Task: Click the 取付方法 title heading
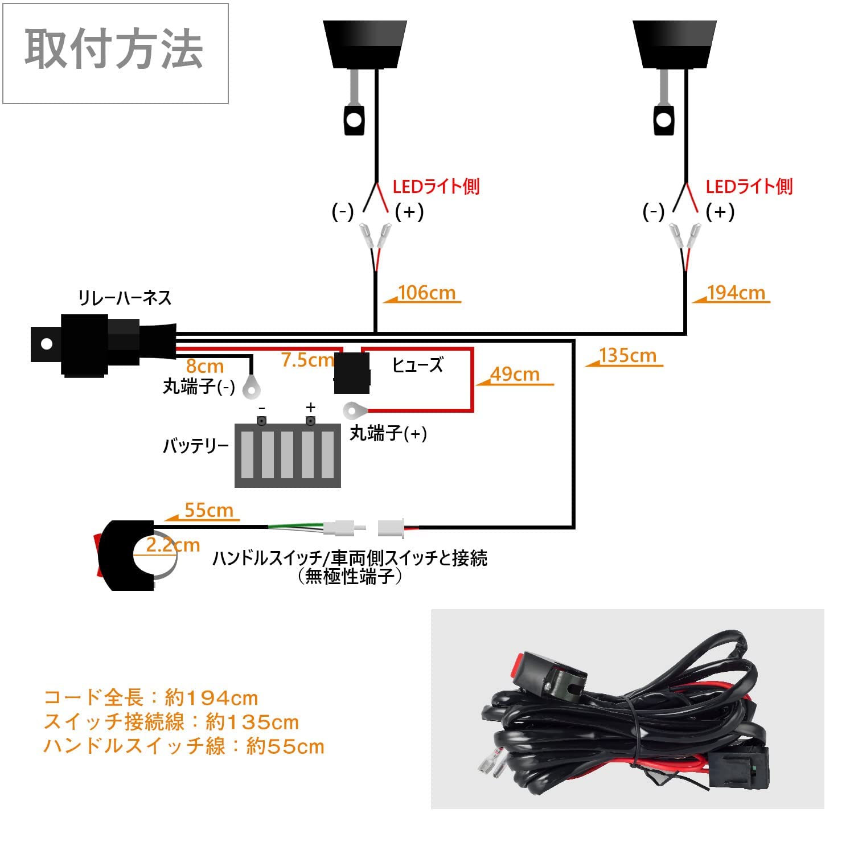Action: (114, 51)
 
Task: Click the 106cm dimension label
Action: (426, 293)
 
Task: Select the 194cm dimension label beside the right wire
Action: (736, 293)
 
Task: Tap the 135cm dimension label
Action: (627, 355)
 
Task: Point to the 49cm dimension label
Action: (515, 374)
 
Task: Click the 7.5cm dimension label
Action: (307, 360)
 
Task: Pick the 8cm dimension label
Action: (205, 366)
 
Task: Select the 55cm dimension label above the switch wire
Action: (209, 510)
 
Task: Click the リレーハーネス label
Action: (125, 298)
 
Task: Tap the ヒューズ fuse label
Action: (417, 365)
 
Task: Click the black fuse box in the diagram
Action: (352, 373)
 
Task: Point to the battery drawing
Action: (288, 454)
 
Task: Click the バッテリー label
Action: (196, 445)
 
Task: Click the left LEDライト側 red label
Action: (436, 186)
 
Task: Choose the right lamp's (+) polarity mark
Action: (720, 212)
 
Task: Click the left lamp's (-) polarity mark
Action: (343, 212)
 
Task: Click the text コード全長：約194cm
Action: (151, 697)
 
